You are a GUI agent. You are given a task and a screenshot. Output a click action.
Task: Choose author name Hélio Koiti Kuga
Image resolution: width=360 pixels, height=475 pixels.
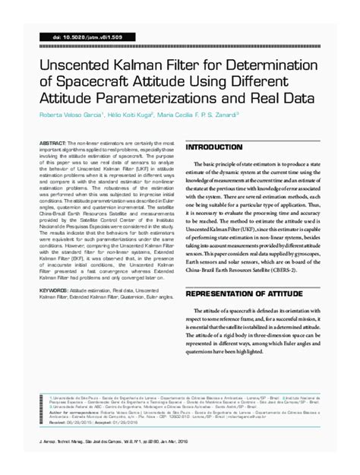coord(150,116)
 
